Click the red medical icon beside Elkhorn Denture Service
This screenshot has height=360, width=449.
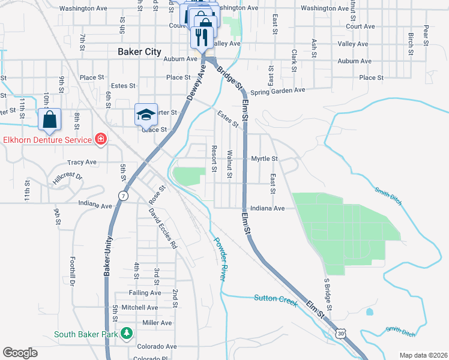point(101,140)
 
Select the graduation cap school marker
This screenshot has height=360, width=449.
point(146,114)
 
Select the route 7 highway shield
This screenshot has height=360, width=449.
point(123,196)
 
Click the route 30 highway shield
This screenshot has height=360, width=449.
point(340,332)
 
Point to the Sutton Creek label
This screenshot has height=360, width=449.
point(276,299)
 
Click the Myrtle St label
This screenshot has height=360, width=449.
point(265,158)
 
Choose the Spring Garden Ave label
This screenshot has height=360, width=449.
point(278,90)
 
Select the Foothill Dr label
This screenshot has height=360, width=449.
point(71,271)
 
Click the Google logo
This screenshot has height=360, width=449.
point(20,353)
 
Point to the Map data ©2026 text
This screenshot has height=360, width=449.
point(423,355)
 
